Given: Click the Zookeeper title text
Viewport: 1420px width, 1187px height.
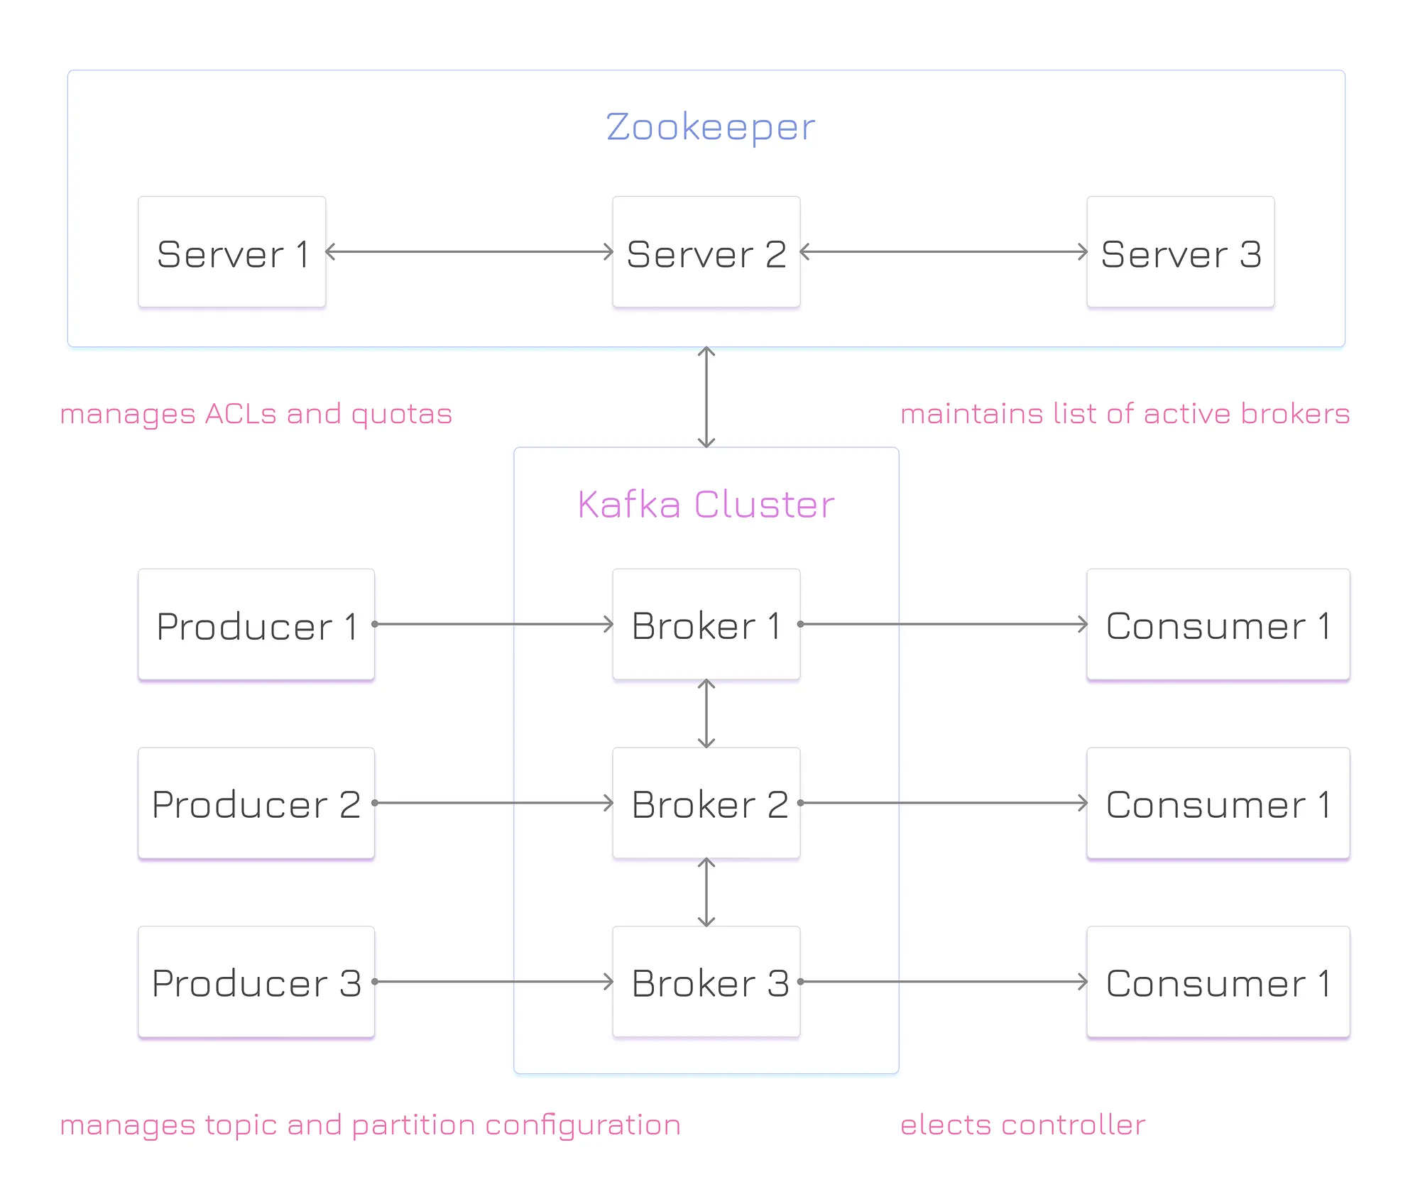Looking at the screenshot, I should [710, 128].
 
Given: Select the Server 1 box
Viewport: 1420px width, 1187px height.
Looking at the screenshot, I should [232, 252].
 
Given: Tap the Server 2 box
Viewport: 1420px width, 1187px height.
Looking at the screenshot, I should [706, 252].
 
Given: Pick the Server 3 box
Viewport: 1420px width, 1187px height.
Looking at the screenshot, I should [1181, 252].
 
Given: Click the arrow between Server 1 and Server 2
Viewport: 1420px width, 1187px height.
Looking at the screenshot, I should [469, 251].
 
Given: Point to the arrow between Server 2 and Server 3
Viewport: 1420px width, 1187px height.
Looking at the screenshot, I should [944, 251].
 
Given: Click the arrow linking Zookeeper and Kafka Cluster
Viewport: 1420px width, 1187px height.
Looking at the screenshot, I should [706, 398].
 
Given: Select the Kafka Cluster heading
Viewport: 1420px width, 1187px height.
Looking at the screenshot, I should [706, 505].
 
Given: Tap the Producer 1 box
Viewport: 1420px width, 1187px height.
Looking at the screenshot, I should [256, 625].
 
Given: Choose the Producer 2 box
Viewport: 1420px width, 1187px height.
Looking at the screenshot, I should [256, 804].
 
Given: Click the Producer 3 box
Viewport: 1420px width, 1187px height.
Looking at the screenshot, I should [256, 983].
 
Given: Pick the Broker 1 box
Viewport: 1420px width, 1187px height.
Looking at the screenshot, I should [706, 625].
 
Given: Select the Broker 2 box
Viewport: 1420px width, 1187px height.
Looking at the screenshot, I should [706, 804].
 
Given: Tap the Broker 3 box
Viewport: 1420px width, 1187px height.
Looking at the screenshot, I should [706, 983].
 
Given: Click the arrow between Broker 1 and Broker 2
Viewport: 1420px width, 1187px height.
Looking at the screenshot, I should [706, 714].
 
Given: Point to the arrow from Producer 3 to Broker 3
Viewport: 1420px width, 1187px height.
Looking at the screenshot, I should [493, 982].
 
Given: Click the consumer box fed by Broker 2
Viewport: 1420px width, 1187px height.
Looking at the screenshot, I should [1218, 804].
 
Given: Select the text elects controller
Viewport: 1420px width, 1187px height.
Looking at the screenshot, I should [1022, 1125].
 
